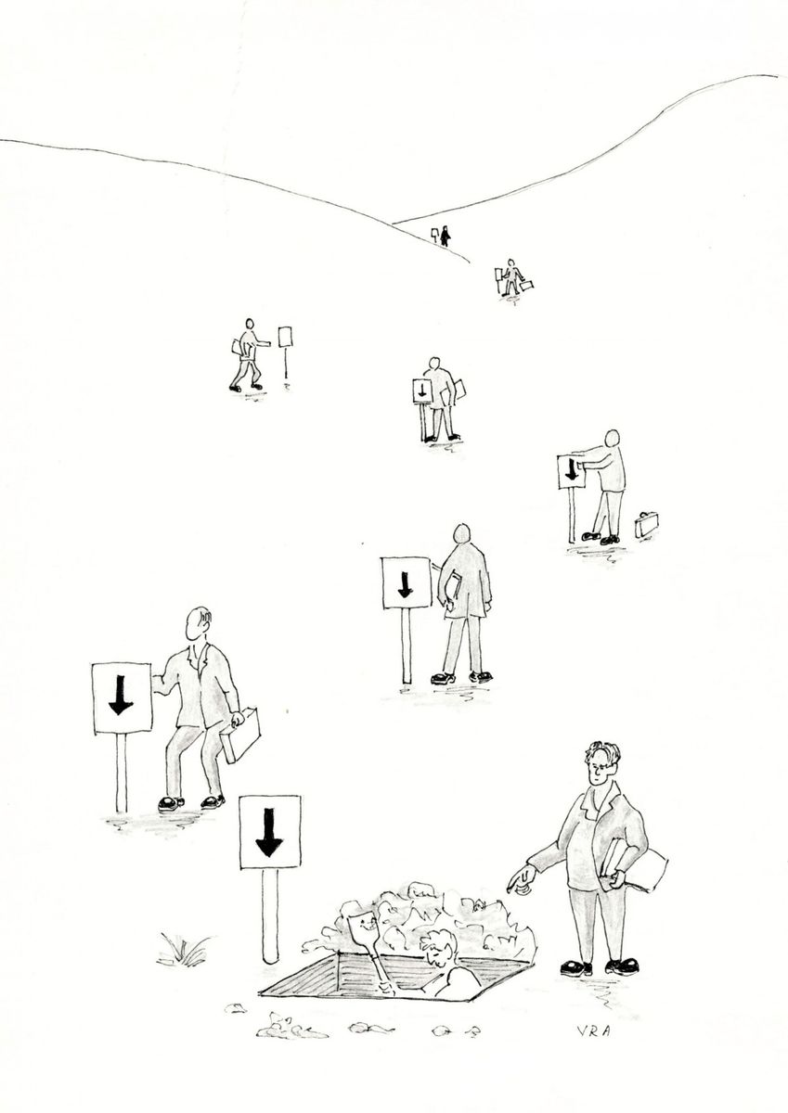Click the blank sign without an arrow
pos(285,338)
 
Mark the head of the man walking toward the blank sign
pos(250,324)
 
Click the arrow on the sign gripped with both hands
pos(572,469)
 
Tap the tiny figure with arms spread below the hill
pos(510,276)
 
